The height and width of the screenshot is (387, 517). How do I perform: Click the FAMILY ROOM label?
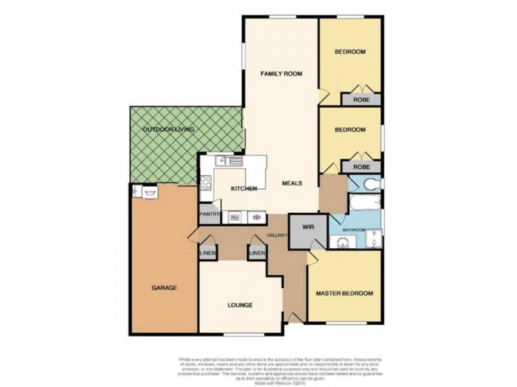(x=281, y=74)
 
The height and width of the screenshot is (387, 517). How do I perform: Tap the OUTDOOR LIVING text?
(x=169, y=130)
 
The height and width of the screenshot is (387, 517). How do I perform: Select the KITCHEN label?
(x=244, y=188)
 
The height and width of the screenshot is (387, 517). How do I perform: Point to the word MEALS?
(x=293, y=183)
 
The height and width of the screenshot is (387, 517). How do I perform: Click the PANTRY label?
(x=210, y=214)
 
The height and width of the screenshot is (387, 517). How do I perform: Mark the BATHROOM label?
(x=354, y=230)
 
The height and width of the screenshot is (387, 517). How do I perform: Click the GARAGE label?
(x=164, y=288)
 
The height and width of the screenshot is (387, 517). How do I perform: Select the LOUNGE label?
(x=240, y=305)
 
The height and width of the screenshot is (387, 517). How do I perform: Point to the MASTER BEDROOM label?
(x=344, y=293)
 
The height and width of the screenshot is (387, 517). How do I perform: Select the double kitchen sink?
(x=231, y=160)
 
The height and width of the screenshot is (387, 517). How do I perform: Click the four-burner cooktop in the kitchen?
(x=207, y=183)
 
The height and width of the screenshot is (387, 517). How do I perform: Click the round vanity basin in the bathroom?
(x=342, y=242)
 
